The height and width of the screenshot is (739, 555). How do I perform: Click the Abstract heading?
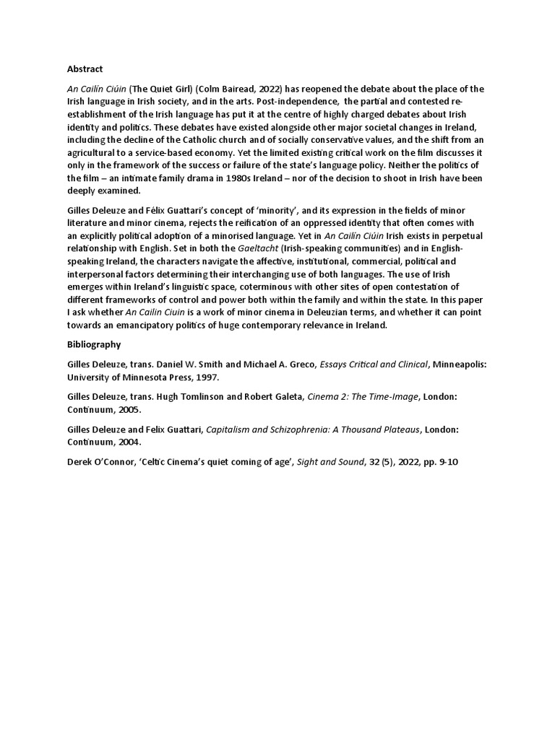point(85,69)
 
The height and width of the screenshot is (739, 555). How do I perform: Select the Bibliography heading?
point(93,344)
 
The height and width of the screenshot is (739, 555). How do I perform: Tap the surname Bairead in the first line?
point(238,89)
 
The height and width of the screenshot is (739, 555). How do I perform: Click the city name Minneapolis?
point(457,365)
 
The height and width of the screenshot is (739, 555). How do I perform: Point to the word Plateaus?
point(395,429)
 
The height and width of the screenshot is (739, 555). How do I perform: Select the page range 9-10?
point(447,460)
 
